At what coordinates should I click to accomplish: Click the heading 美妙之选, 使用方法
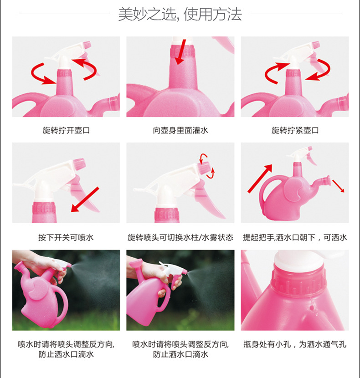click(x=180, y=14)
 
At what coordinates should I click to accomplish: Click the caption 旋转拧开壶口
click(x=66, y=130)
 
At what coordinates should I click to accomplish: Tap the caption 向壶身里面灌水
click(x=180, y=130)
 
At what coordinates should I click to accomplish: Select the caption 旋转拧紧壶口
click(x=295, y=130)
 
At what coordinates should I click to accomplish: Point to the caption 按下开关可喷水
click(x=66, y=237)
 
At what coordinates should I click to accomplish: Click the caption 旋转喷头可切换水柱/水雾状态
click(x=180, y=237)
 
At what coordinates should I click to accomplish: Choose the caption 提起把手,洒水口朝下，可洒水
click(x=295, y=237)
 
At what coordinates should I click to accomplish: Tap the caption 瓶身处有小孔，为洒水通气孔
click(x=295, y=344)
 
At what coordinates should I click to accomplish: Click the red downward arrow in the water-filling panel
click(x=181, y=52)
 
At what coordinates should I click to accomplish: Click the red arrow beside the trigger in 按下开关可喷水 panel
click(x=85, y=199)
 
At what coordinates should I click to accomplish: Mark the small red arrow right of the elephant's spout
click(x=338, y=186)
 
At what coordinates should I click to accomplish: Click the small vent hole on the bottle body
click(x=312, y=308)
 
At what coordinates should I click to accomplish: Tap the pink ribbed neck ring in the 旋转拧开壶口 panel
click(x=64, y=73)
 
